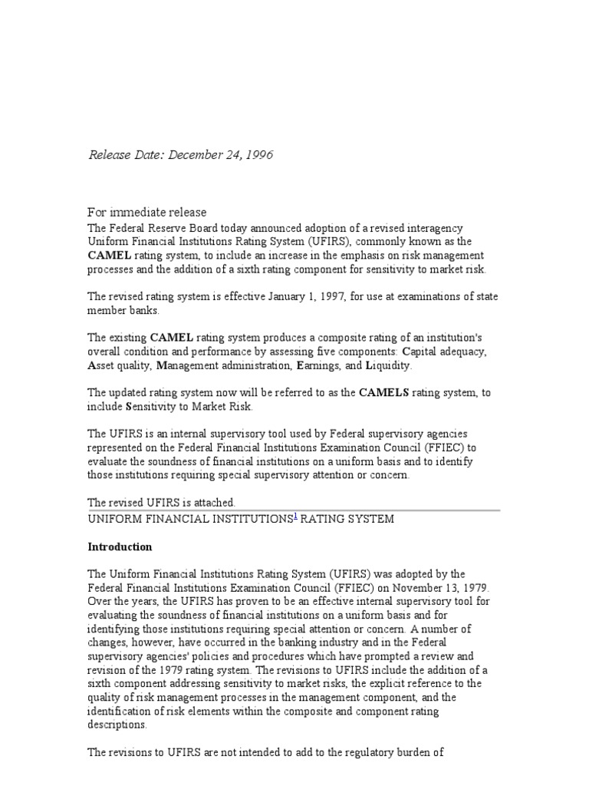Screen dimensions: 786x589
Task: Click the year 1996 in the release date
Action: point(259,156)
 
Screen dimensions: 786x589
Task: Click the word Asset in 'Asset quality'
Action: point(103,366)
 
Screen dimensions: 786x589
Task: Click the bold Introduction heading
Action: point(120,547)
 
